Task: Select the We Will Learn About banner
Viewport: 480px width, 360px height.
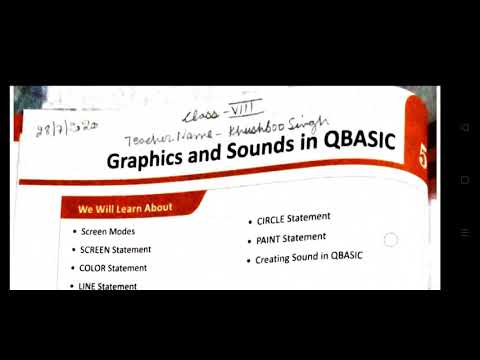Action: pos(125,208)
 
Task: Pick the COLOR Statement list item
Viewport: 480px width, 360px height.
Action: pos(113,268)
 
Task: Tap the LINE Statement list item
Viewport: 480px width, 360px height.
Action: pos(109,286)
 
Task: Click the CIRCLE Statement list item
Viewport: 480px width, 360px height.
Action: pos(294,218)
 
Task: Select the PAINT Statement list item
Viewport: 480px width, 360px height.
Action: pos(291,238)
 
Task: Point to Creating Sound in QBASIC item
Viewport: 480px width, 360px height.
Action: pos(308,257)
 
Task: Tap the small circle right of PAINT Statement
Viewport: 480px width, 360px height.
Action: pos(390,240)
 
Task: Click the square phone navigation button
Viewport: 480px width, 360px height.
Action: pos(465,180)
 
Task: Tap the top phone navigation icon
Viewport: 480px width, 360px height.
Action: pos(465,128)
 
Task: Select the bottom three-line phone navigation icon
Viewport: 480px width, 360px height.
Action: pos(465,232)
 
